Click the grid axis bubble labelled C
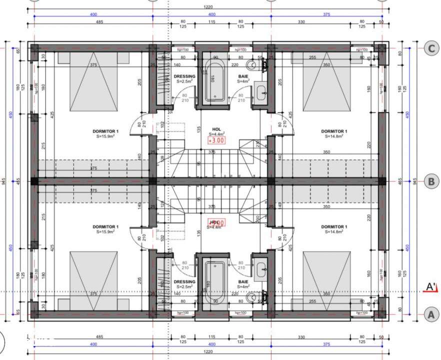430,48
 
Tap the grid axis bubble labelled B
430,181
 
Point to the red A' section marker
430,287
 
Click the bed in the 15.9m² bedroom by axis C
93,82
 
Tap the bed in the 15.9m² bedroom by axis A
93,280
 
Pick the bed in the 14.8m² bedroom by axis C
326,82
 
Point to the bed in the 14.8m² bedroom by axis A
326,280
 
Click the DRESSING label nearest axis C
184,76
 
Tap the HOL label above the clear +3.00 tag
216,129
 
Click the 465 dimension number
400,181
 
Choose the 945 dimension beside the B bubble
415,181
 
